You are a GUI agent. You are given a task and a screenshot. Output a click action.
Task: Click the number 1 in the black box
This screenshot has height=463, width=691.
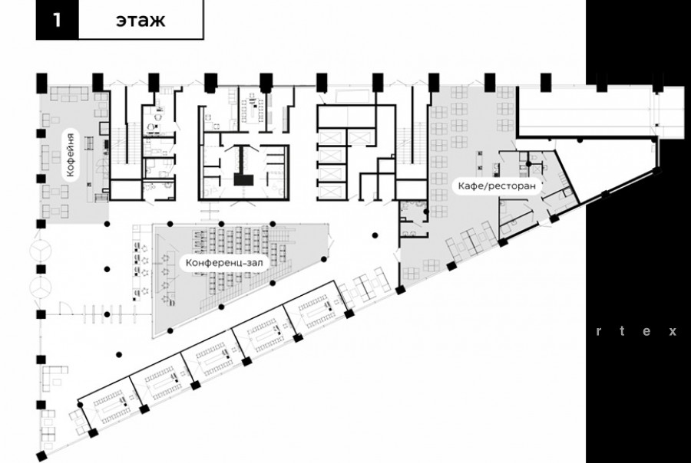point(56,20)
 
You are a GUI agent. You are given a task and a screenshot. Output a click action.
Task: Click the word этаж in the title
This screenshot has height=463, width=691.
point(141,20)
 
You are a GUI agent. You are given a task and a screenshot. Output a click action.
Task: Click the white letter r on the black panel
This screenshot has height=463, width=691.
point(600,332)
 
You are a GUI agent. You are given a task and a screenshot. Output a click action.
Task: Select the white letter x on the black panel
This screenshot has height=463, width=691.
point(672,332)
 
